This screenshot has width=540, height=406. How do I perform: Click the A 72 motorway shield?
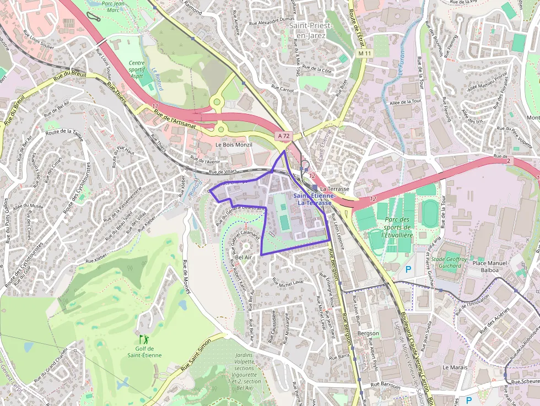click(x=283, y=136)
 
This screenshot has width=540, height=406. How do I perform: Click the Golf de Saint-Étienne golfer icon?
click(x=144, y=339)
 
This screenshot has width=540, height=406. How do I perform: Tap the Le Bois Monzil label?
click(x=234, y=145)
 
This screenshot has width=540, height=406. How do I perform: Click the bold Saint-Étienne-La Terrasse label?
click(x=313, y=199)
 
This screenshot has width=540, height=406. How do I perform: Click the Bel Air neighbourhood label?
click(x=243, y=257)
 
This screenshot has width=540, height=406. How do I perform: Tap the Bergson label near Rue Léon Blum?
click(x=368, y=333)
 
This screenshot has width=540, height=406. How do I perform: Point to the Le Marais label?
click(x=455, y=367)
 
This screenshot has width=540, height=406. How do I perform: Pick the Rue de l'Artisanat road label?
click(x=175, y=117)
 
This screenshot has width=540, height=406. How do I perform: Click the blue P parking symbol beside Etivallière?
click(x=408, y=269)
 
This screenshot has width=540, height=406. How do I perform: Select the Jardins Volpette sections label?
click(x=245, y=369)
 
